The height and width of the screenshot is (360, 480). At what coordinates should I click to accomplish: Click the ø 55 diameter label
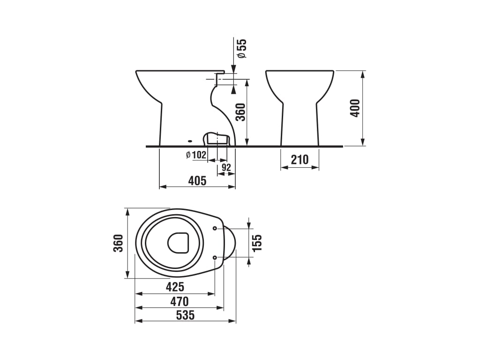tap(242, 48)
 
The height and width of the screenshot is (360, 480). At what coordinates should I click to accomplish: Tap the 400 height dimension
tap(355, 108)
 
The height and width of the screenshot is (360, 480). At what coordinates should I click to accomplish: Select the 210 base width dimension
tap(300, 159)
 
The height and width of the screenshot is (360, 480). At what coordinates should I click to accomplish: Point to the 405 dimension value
tap(197, 180)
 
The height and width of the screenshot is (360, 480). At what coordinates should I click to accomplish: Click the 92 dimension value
tap(226, 167)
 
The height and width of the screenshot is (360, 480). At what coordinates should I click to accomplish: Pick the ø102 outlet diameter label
tap(196, 155)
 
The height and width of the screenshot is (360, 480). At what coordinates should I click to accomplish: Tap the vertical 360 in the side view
tap(241, 112)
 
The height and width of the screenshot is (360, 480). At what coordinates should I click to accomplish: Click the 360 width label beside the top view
tap(118, 243)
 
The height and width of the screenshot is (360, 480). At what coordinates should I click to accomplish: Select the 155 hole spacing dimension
tap(257, 243)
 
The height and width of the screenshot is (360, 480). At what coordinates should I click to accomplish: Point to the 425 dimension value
tap(175, 287)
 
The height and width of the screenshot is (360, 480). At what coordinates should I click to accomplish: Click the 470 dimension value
tap(180, 301)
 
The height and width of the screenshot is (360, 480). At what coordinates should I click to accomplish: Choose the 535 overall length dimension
tap(186, 315)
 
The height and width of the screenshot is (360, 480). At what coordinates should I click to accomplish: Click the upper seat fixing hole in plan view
tap(215, 228)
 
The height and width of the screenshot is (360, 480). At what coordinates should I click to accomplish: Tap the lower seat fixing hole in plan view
tap(215, 258)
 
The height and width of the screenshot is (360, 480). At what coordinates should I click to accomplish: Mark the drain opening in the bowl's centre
tap(178, 243)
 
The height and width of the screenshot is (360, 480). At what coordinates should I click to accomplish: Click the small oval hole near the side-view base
tap(190, 142)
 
